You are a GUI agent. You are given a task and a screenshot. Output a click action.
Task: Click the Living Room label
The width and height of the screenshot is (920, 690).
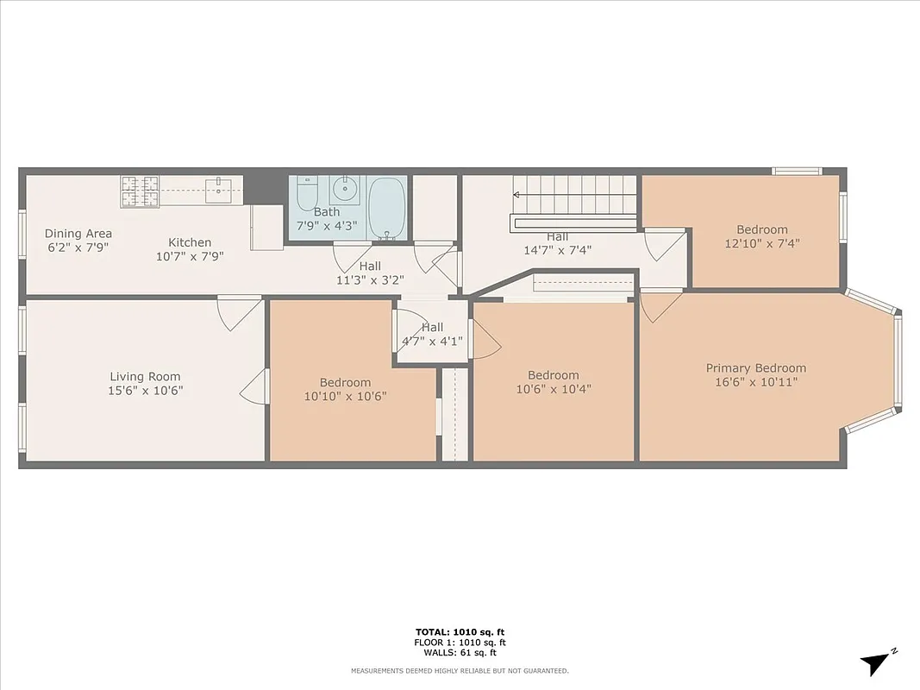145,376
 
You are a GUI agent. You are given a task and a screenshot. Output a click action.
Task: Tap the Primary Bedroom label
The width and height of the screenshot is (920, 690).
756,367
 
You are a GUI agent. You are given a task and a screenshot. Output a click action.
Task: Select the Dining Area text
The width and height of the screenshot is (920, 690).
78,234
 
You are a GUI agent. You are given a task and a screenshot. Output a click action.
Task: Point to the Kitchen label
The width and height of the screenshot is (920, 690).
190,242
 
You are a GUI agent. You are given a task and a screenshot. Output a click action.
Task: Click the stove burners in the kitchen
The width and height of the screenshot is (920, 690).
140,191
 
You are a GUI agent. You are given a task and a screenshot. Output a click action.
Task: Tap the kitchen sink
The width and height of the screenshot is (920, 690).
219,190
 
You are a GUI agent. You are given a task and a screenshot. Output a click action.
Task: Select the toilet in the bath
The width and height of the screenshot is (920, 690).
307,194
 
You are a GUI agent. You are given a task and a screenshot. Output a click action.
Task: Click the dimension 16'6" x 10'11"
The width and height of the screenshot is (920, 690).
756,382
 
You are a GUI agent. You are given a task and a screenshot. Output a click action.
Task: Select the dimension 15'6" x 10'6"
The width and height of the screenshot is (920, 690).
145,390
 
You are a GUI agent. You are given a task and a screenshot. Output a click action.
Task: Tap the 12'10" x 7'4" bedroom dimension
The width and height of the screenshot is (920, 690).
762,243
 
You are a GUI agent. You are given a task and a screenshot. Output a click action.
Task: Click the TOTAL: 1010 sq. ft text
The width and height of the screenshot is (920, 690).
460,631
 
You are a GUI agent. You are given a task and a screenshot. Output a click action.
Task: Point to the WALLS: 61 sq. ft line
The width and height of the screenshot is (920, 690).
460,652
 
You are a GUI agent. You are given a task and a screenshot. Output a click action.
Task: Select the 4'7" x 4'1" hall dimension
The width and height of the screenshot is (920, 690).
432,341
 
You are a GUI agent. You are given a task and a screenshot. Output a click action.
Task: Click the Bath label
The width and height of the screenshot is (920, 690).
327,212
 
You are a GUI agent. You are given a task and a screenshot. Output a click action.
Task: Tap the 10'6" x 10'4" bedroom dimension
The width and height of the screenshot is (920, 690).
554,389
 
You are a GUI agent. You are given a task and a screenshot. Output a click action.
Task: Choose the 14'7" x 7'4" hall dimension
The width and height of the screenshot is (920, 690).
557,250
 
